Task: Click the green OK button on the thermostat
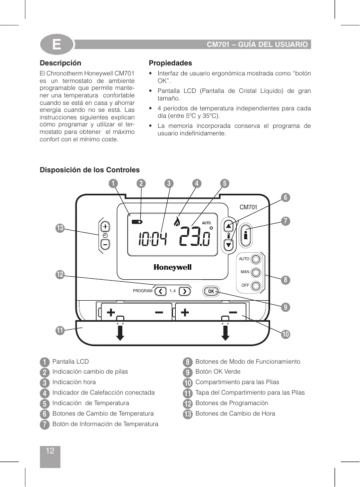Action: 211,291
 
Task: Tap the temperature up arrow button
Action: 229,226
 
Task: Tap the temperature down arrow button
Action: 229,245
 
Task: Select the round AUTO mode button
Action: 256,260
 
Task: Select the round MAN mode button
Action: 256,273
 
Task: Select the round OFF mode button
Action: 256,286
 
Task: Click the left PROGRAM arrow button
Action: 161,291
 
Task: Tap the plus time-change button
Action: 105,226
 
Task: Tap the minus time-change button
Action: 105,244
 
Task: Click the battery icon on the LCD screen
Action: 136,221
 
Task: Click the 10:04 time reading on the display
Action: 152,240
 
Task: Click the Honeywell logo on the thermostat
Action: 172,268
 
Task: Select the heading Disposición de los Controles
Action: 90,170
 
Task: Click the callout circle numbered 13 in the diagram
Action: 60,228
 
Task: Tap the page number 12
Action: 50,451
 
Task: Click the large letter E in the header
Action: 57,45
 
